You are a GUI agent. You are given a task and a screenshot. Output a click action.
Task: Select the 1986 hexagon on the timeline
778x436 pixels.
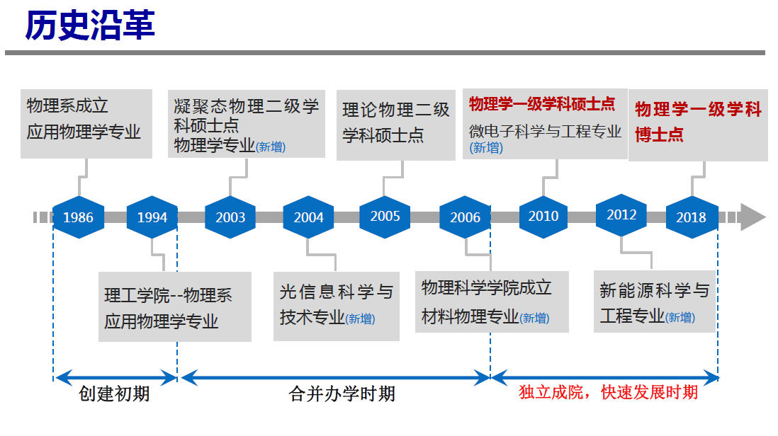pos(78,217)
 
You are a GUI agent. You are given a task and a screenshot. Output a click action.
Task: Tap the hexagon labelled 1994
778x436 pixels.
pos(152,217)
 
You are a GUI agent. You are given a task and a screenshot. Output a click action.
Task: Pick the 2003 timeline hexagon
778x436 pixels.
pos(230,217)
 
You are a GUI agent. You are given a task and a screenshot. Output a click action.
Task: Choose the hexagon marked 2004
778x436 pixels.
pos(308,217)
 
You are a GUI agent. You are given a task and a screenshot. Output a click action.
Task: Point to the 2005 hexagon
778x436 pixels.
pos(385,216)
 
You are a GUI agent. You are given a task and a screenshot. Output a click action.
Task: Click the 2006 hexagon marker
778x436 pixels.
pos(465,217)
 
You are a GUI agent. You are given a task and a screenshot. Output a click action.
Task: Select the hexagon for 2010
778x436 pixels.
pos(543,216)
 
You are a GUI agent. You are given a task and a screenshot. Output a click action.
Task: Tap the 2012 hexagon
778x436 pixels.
pos(621,214)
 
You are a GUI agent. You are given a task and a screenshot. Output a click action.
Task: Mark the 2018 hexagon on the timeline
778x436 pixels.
pos(691,217)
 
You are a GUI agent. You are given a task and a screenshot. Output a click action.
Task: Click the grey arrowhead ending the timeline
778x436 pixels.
pos(752,217)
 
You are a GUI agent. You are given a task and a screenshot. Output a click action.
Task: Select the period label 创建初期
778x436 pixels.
pos(114,394)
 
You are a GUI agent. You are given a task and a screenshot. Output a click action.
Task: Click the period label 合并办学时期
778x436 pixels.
pos(342,394)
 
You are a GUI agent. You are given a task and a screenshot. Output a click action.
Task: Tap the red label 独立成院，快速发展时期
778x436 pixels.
pos(608,393)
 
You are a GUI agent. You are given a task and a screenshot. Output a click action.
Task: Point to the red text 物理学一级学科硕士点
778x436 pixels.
pos(542,105)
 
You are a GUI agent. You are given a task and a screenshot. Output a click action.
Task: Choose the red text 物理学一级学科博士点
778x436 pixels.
pos(698,121)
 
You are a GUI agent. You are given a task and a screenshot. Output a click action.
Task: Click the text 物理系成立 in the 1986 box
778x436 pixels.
pos(67,106)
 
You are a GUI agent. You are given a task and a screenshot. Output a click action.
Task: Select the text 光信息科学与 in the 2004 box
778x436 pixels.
pos(336,292)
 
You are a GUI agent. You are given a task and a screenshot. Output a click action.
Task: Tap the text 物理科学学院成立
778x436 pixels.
pos(486,288)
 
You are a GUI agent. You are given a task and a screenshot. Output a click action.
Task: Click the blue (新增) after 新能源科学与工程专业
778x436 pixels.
pos(680,318)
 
